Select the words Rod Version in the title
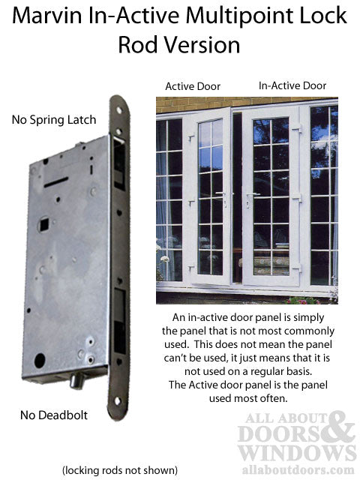click(x=179, y=44)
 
